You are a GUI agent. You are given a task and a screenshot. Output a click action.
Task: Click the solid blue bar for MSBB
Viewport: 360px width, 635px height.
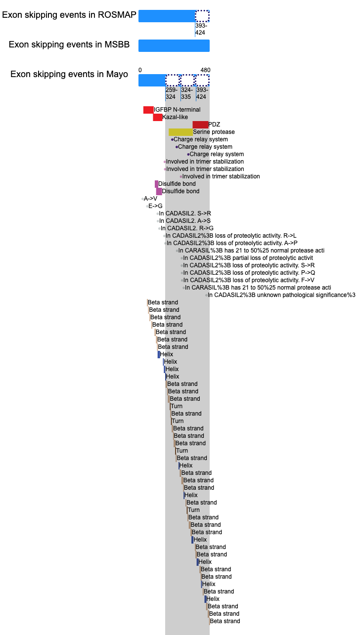(x=174, y=45)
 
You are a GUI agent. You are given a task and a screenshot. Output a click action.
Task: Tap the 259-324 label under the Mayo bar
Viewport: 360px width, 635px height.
(x=172, y=93)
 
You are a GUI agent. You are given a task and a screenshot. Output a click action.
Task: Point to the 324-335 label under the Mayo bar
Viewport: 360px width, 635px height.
(x=186, y=93)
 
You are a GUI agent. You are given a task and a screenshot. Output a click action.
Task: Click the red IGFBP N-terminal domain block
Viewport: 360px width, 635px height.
(x=148, y=110)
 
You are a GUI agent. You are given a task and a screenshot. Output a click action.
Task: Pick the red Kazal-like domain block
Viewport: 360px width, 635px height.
(x=157, y=117)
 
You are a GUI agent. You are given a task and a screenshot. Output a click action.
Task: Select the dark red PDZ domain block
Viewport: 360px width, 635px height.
(x=200, y=125)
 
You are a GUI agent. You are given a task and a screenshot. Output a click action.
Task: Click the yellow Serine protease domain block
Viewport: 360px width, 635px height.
(x=180, y=132)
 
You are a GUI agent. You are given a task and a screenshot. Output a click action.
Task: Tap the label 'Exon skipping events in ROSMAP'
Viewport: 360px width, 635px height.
(x=69, y=15)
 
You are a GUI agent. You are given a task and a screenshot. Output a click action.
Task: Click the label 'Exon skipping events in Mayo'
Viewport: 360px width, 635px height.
(x=69, y=74)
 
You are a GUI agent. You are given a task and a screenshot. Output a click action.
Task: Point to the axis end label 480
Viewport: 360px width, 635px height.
(x=205, y=70)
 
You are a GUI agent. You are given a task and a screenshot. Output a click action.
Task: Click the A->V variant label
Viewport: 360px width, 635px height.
(x=150, y=199)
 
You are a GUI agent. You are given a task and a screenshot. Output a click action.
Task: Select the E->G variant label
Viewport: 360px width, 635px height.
(x=155, y=206)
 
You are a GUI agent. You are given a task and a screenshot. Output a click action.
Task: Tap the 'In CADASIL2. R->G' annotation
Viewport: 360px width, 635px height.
(x=187, y=228)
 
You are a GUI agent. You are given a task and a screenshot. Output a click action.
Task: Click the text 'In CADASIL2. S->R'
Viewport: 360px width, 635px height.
(x=185, y=213)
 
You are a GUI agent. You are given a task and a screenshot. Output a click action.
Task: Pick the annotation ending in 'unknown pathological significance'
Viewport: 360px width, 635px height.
(x=281, y=295)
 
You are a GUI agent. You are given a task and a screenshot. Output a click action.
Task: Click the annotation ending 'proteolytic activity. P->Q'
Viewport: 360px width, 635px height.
(x=249, y=273)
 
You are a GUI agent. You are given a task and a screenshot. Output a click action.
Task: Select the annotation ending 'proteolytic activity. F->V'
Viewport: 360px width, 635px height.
(x=249, y=280)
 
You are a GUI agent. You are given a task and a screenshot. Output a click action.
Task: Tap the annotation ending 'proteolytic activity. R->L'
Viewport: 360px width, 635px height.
(x=231, y=236)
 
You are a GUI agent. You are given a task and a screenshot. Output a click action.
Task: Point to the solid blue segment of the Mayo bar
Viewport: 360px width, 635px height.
(x=152, y=80)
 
